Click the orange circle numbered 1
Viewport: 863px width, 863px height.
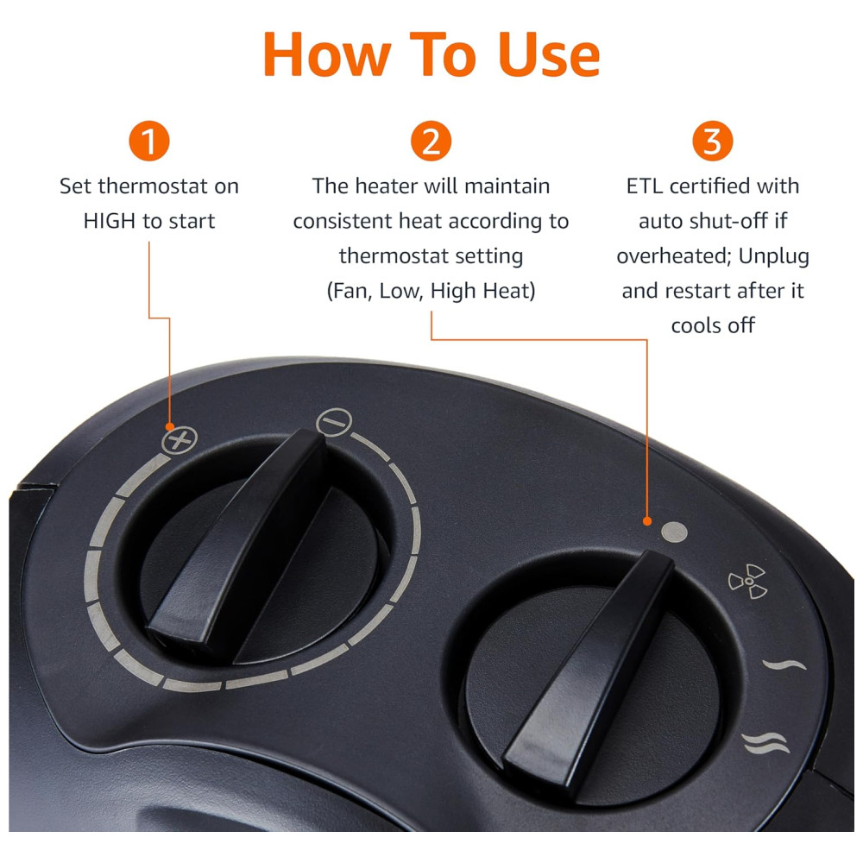coord(149,141)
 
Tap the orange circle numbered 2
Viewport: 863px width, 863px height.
coord(431,141)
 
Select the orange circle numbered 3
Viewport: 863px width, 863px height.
coord(713,141)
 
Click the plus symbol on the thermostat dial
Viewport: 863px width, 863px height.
coord(180,440)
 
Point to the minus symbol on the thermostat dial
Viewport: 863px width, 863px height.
coord(334,422)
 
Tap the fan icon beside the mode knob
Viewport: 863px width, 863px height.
coord(748,581)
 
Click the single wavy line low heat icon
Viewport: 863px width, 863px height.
coord(784,665)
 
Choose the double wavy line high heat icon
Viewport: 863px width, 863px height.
coord(765,743)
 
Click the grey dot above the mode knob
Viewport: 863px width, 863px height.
coord(674,532)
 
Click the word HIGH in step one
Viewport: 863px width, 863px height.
coord(109,221)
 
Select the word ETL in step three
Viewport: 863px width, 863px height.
coord(645,186)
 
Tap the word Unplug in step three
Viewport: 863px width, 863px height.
coord(774,256)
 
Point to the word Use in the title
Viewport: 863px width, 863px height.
coord(549,54)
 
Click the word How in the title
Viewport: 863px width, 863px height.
coord(327,54)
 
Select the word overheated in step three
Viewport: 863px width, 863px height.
coord(674,256)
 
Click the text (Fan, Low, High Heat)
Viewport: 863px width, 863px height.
coord(431,291)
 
